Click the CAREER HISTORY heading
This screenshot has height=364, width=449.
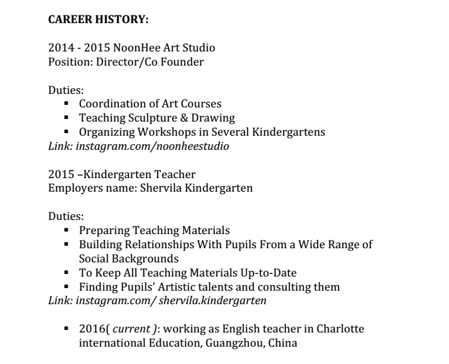(98, 20)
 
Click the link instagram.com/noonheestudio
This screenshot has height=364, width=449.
(152, 146)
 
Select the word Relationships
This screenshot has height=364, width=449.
(152, 244)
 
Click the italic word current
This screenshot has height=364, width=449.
(132, 329)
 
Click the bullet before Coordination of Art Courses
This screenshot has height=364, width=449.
(66, 104)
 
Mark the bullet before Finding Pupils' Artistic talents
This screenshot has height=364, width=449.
(66, 287)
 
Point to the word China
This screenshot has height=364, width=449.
(284, 343)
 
